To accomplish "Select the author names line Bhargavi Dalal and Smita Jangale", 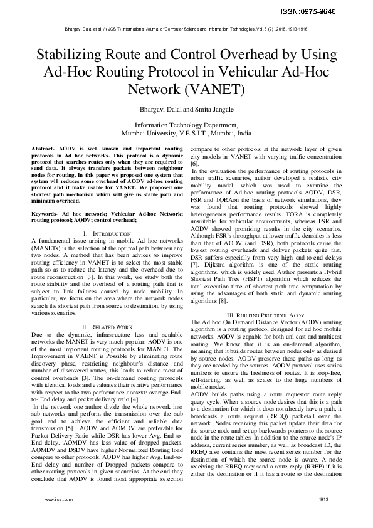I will click(186, 110).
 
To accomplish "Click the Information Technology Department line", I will click(186, 125).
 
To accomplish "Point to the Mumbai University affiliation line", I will click(186, 134).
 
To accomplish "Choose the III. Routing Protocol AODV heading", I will click(265, 313).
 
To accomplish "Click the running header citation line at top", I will click(186, 29).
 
